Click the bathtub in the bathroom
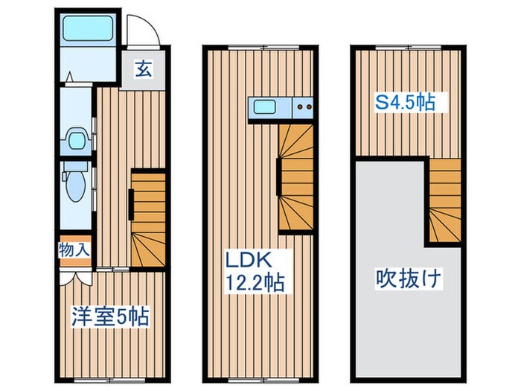point(83,29)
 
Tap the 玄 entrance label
point(144,70)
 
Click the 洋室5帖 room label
point(109,317)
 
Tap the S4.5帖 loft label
point(405,103)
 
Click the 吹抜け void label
point(408,280)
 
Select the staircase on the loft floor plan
point(444,201)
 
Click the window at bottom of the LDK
point(259,378)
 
